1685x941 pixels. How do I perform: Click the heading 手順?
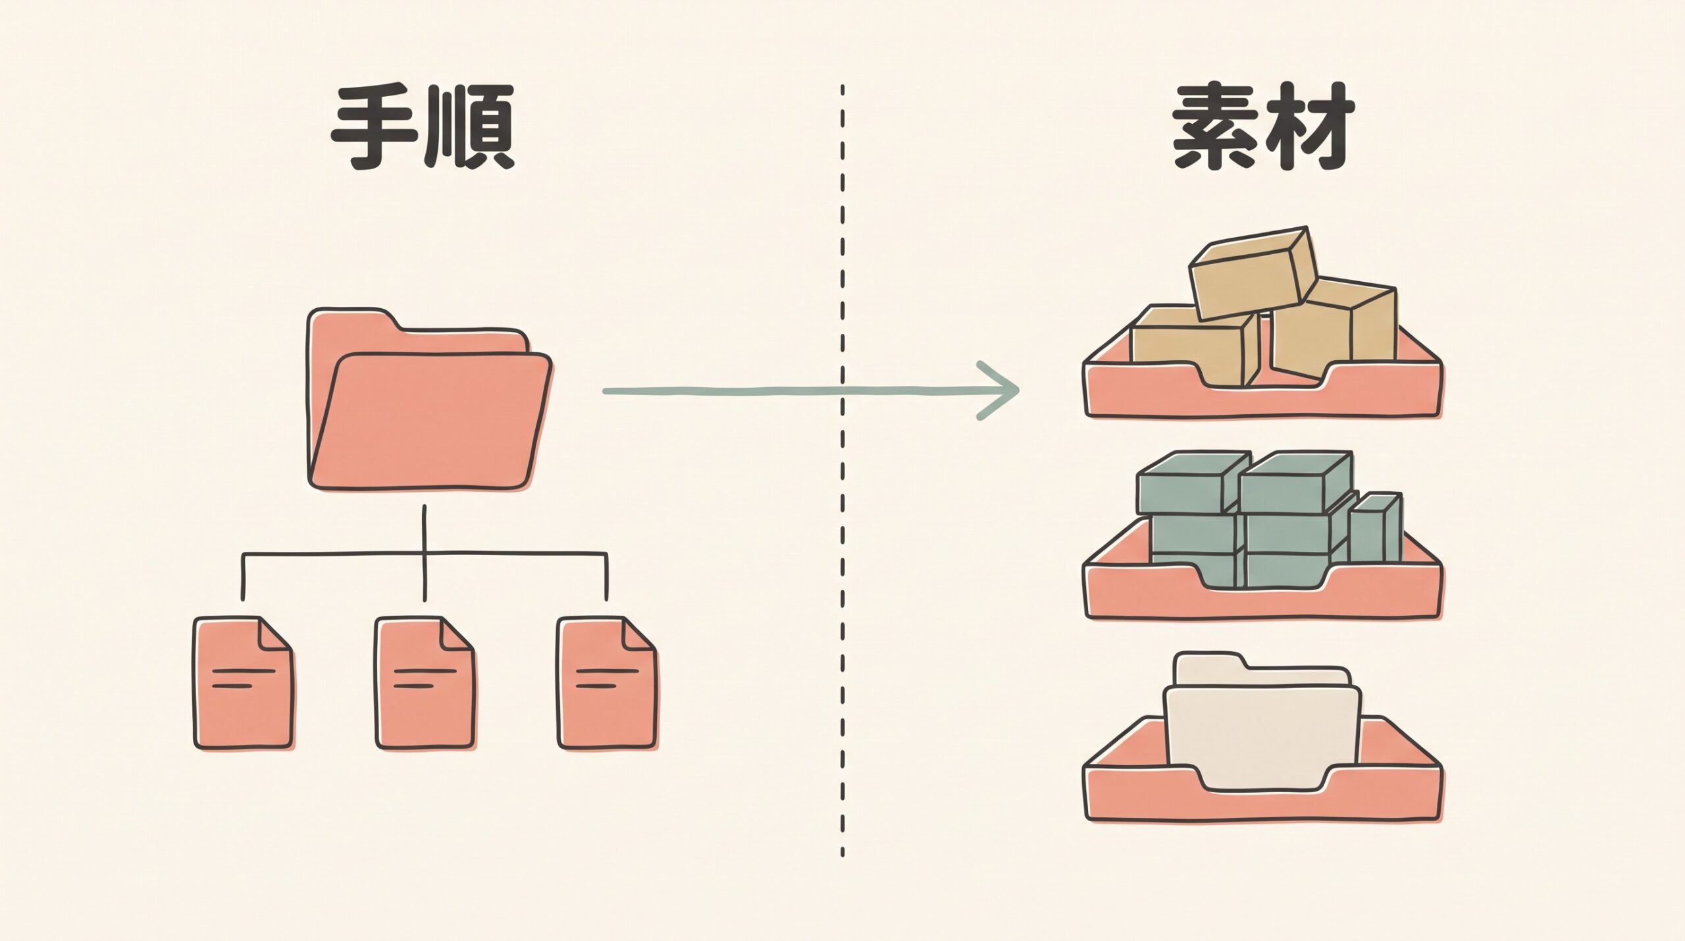click(x=422, y=127)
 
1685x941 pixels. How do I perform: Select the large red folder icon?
click(x=429, y=400)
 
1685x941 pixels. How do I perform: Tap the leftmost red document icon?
click(x=243, y=684)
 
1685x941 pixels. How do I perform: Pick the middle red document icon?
click(x=425, y=684)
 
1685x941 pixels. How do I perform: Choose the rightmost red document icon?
click(x=607, y=684)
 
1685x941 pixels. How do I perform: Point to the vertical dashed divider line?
click(x=842, y=471)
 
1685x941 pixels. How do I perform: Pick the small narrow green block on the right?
click(x=1375, y=526)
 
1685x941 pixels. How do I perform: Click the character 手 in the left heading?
click(x=374, y=127)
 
